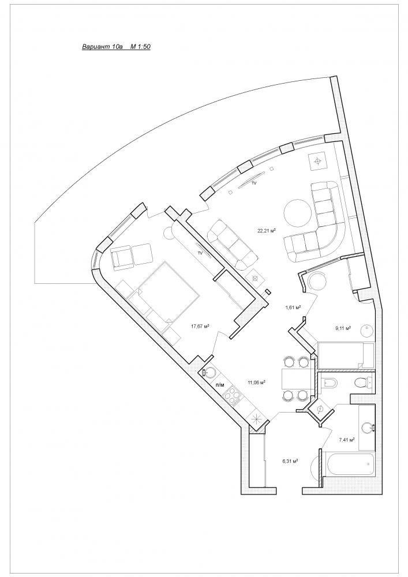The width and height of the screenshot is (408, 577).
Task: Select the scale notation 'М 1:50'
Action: (141, 47)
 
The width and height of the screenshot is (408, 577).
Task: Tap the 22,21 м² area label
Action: (267, 231)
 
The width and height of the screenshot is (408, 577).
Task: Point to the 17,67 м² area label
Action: (200, 325)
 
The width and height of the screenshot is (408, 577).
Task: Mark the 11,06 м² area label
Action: (257, 383)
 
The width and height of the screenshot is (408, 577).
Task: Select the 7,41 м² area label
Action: (346, 439)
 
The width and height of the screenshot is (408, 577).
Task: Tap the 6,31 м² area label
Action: (290, 460)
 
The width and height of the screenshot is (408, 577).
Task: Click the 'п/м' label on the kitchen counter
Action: (220, 385)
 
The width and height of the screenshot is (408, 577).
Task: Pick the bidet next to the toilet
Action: (330, 383)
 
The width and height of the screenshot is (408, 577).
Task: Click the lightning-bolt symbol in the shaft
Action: (320, 410)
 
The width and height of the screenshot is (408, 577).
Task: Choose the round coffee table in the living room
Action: (298, 213)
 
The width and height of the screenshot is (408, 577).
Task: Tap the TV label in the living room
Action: (253, 183)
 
